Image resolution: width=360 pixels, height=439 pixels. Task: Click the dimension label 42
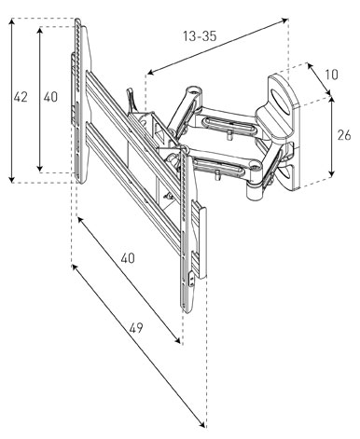coord(21,97)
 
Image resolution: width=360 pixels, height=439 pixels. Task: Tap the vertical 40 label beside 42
coord(50,97)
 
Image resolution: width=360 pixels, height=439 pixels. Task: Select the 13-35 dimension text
coord(200,36)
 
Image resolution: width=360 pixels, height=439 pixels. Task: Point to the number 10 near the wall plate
coord(331,75)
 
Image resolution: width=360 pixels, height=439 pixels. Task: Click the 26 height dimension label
coord(344,135)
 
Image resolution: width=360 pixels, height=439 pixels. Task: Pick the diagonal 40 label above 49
coord(128,258)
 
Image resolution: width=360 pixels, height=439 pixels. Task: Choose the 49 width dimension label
coord(136,328)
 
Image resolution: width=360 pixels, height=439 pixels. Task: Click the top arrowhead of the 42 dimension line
coord(12,21)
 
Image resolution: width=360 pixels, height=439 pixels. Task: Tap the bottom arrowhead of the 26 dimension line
coord(332,175)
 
